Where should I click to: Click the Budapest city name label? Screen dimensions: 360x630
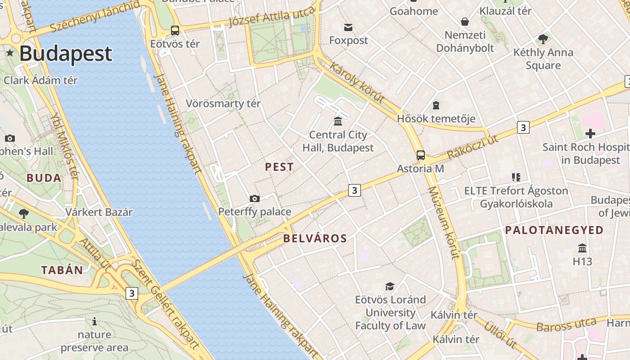(65, 53)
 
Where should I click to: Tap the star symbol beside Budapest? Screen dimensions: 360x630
(10, 53)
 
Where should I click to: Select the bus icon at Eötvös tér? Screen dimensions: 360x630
(175, 31)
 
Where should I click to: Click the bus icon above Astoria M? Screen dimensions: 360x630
(420, 155)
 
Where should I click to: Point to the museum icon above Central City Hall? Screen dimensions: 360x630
(337, 121)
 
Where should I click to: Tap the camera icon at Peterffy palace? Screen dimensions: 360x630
(255, 198)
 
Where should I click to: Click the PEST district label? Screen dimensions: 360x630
(279, 167)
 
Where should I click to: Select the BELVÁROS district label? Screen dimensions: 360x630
(315, 238)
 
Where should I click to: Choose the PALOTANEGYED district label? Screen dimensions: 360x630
(554, 230)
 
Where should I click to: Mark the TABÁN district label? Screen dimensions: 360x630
(62, 270)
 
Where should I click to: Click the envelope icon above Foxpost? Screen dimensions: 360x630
(348, 27)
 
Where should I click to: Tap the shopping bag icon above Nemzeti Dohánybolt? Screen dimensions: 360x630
(464, 22)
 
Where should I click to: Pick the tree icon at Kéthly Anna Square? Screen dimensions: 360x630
(543, 39)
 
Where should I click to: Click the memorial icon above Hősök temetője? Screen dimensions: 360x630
(436, 105)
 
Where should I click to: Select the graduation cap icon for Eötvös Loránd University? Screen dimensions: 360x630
(390, 286)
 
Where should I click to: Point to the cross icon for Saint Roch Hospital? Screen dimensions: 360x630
(590, 134)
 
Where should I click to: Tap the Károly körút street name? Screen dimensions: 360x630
(356, 82)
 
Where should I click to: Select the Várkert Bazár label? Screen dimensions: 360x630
(99, 212)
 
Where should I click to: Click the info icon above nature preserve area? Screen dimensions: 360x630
(94, 321)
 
